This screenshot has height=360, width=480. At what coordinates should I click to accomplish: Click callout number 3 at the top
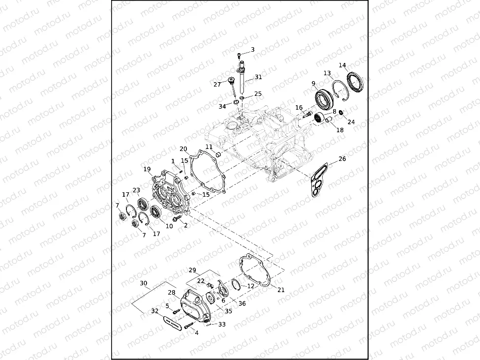tap(253, 49)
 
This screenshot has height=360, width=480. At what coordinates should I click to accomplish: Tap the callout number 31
tap(258, 77)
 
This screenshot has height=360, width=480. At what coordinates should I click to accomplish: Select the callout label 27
tap(217, 84)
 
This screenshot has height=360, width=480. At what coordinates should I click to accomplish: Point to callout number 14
tap(342, 65)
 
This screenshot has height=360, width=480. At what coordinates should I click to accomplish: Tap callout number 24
tap(351, 122)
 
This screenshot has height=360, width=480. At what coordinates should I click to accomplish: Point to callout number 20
tap(183, 149)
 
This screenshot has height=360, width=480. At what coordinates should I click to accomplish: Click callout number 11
tap(209, 147)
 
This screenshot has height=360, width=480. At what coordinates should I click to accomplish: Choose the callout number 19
tap(147, 169)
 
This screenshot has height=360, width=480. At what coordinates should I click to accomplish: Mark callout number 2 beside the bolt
tap(185, 225)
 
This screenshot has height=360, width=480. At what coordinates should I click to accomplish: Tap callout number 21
tap(281, 290)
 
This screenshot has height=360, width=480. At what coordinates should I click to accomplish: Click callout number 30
tap(143, 283)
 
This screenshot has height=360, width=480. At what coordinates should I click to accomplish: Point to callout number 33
tap(222, 324)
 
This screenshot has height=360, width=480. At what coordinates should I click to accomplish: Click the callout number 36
tap(241, 303)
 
